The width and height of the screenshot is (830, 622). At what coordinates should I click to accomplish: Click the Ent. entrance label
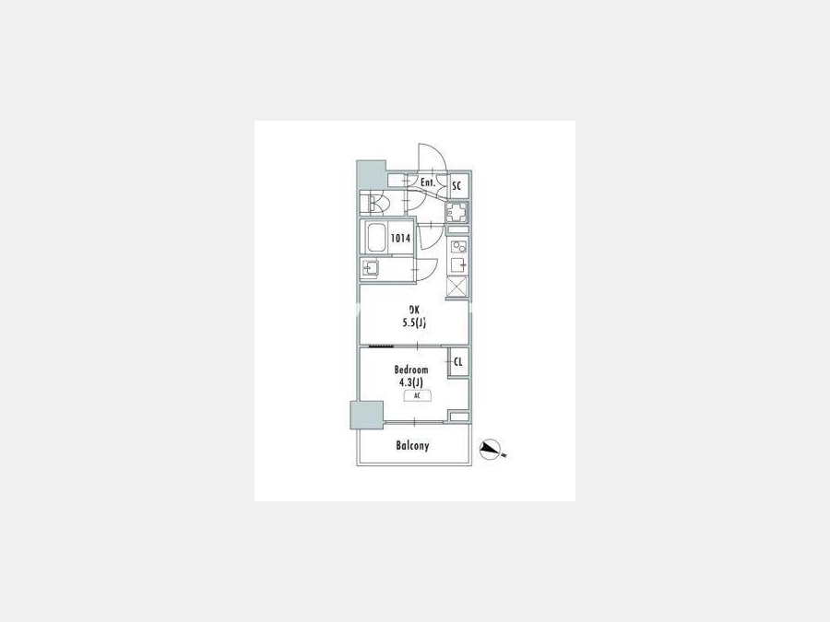click(428, 183)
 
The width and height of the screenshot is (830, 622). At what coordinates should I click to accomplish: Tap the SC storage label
click(456, 186)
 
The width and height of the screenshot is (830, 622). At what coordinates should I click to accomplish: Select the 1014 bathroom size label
click(400, 238)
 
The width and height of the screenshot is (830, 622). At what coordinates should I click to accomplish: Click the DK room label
click(414, 311)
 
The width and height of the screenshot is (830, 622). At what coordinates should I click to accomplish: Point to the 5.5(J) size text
click(414, 323)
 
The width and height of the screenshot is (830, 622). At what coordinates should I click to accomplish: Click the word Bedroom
click(411, 370)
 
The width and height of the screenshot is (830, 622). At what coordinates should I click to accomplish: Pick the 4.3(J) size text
click(411, 381)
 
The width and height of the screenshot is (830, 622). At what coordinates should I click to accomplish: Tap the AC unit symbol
click(417, 395)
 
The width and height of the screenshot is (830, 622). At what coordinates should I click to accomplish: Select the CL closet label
click(458, 362)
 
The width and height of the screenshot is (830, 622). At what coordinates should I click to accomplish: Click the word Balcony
click(412, 446)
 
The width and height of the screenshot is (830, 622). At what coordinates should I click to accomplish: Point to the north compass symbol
click(492, 450)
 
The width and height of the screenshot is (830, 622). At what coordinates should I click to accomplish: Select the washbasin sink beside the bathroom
click(369, 269)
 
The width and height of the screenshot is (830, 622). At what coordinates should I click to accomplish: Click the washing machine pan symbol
click(456, 213)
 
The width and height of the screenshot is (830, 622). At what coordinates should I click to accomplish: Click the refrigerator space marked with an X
click(456, 287)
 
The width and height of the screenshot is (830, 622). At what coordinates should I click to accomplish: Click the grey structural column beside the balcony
click(367, 416)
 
